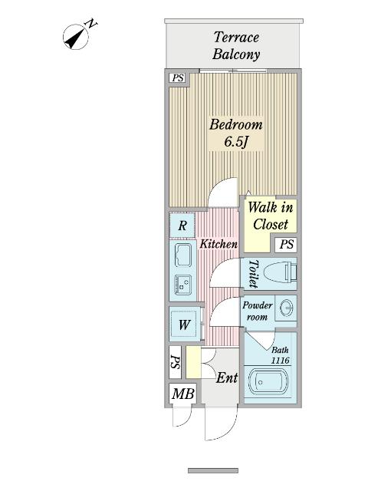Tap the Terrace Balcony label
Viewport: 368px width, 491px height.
[236, 45]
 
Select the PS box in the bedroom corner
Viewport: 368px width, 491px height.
[177, 77]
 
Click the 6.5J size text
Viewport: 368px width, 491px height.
[237, 142]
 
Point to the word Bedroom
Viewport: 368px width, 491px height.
[236, 124]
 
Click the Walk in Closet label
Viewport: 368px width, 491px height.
[270, 216]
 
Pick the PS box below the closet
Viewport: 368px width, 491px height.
[286, 245]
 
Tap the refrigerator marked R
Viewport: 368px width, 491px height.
[182, 226]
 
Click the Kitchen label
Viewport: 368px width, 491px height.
[219, 244]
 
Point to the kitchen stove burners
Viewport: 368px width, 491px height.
[183, 283]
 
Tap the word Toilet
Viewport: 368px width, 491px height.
[253, 274]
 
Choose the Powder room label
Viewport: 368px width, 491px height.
[257, 311]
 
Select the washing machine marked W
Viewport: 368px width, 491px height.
[185, 325]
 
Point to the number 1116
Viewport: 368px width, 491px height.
[280, 360]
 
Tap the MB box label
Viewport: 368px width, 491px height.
[182, 394]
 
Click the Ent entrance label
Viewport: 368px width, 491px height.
[226, 378]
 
